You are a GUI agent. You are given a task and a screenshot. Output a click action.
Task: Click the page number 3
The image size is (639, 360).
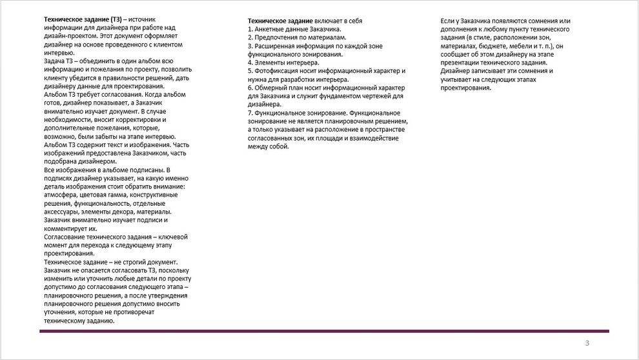pyautogui.click(x=587, y=343)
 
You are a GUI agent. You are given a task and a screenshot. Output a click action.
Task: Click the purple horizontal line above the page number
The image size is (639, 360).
pyautogui.click(x=323, y=331)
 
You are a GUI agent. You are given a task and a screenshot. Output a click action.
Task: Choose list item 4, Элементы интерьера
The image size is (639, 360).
pyautogui.click(x=283, y=63)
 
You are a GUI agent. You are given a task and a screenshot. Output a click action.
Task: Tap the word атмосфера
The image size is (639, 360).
pyautogui.click(x=61, y=195)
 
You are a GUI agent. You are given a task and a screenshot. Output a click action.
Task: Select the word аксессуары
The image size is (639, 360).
pyautogui.click(x=62, y=212)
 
